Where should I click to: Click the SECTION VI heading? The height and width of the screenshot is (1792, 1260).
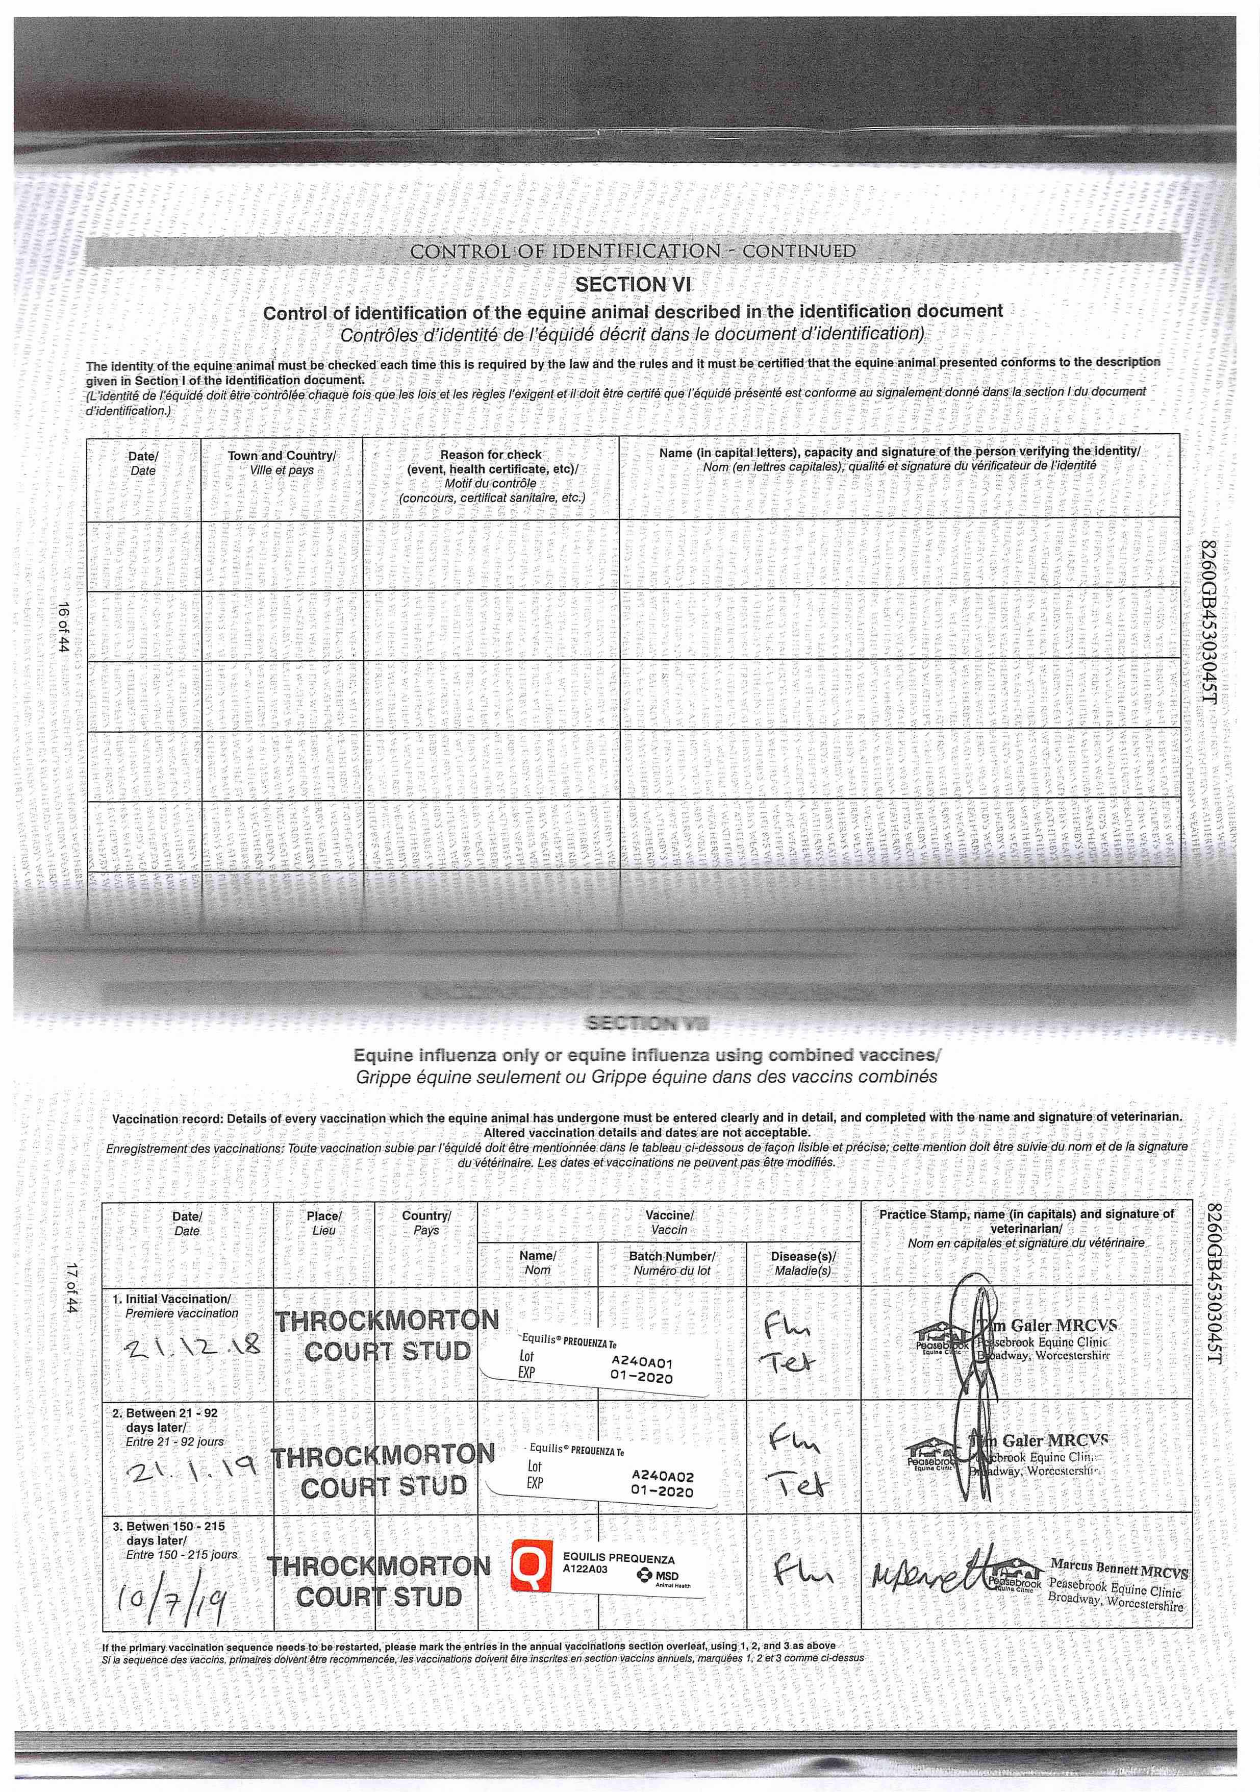tap(633, 285)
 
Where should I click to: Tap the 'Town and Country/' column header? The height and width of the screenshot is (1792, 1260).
tap(282, 456)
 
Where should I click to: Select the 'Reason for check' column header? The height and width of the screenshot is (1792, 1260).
tap(491, 454)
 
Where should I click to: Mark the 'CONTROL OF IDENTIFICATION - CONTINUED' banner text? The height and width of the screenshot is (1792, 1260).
tap(633, 252)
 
